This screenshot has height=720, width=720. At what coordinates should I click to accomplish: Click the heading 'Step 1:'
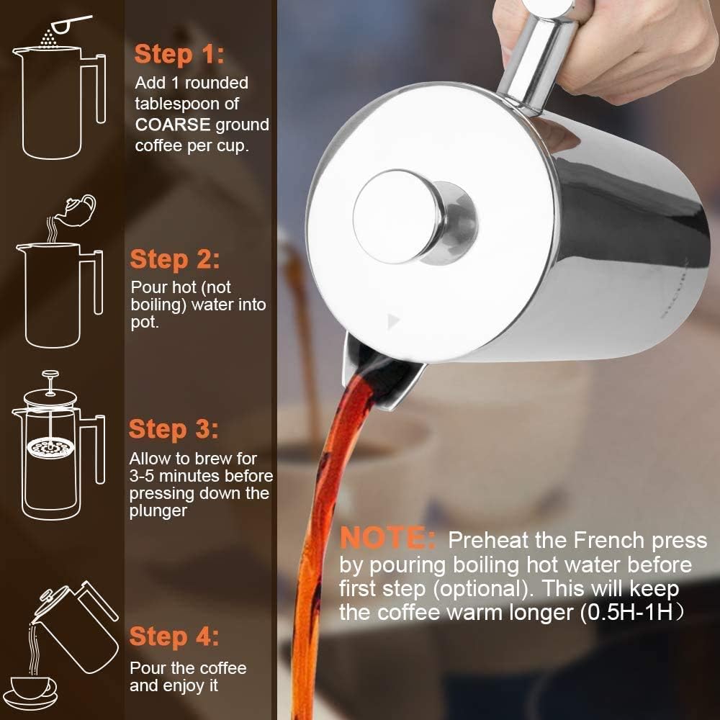(x=179, y=54)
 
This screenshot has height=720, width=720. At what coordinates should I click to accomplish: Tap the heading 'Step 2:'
(x=175, y=259)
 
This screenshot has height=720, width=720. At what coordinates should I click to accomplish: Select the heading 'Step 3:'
(x=174, y=429)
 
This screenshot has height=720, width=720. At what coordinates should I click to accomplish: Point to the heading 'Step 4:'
(x=174, y=636)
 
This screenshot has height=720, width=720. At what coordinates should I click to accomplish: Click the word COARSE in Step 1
(x=173, y=125)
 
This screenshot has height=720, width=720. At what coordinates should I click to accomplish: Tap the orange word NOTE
(x=387, y=539)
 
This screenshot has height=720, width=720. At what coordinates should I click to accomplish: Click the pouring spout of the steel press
(x=382, y=374)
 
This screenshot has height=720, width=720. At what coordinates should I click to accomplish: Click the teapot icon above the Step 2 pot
(x=78, y=208)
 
